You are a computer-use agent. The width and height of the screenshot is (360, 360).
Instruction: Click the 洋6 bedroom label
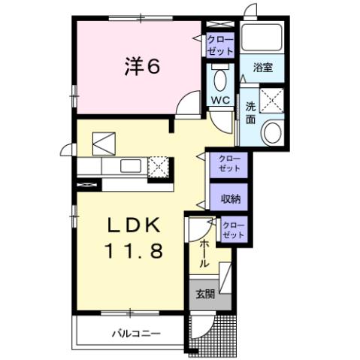[x=141, y=67]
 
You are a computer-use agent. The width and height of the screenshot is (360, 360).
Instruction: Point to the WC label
[x=219, y=100]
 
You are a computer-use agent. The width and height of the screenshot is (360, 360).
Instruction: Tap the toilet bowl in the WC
[x=219, y=79]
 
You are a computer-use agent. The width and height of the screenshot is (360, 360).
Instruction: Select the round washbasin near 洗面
[x=271, y=134]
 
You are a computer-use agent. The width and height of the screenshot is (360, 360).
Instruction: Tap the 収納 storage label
[x=230, y=198]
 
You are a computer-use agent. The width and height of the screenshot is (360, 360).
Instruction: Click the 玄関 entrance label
[x=204, y=294]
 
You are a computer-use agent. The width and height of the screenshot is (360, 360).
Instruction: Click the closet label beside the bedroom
[x=219, y=44]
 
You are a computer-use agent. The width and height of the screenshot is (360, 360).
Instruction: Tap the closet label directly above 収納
[x=230, y=163]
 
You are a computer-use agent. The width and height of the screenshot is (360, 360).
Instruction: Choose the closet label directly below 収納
[x=234, y=230]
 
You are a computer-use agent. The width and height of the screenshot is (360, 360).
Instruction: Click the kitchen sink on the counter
[x=126, y=165]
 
